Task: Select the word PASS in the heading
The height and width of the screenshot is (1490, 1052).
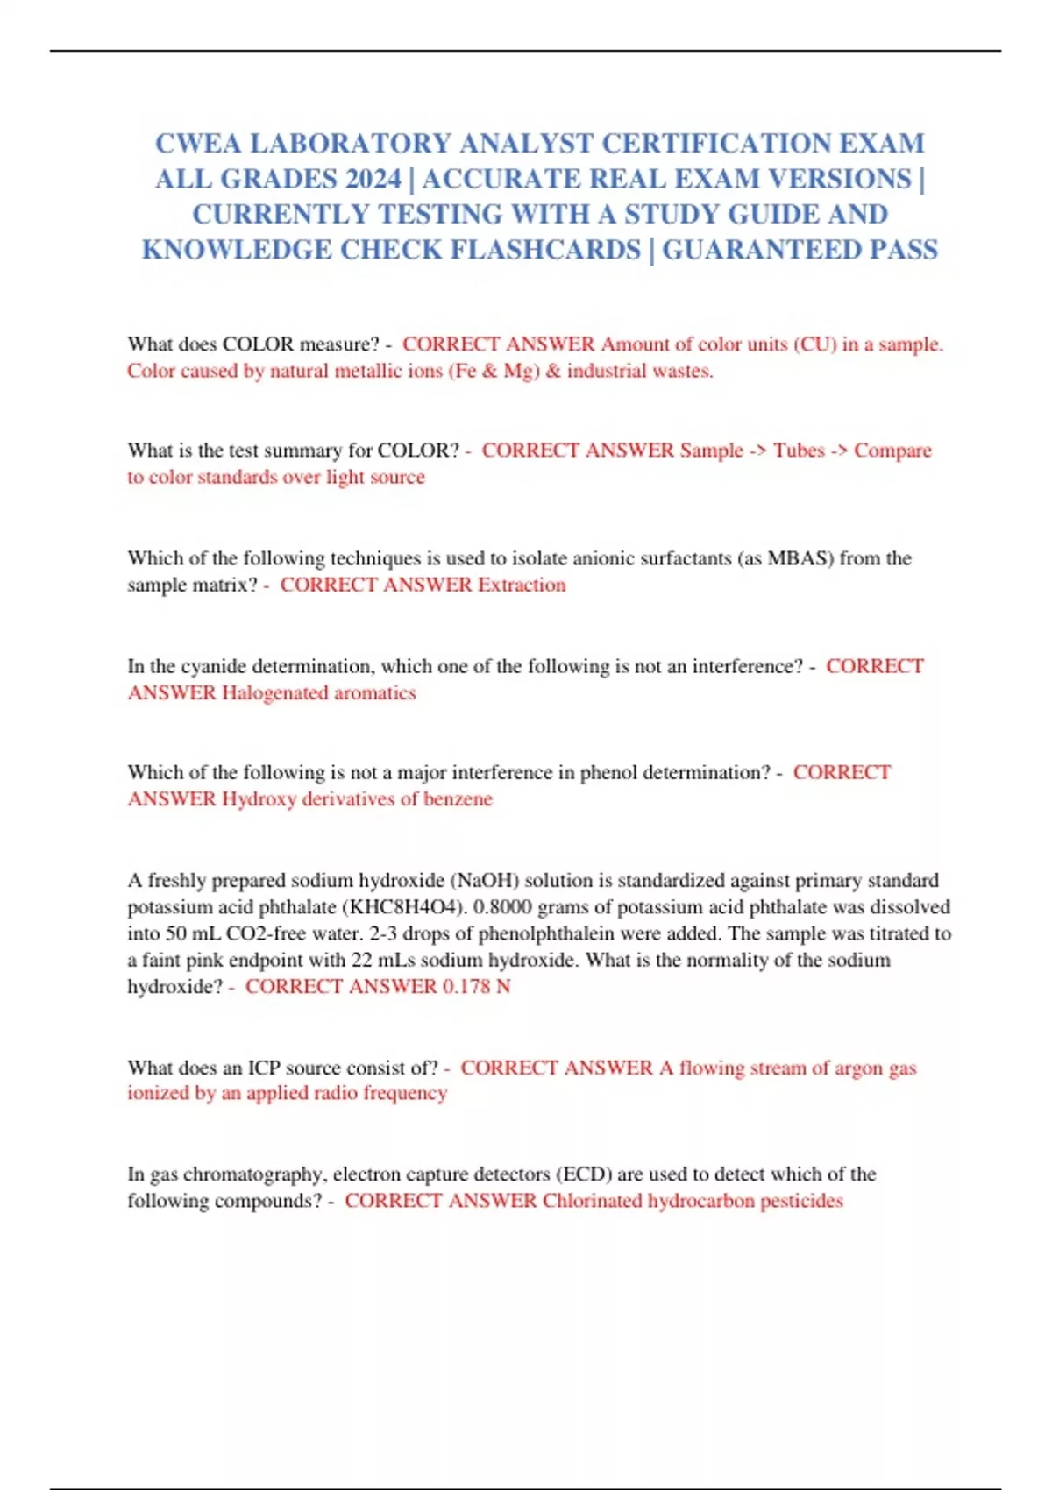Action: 903,250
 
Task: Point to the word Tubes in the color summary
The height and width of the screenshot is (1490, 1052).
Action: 799,451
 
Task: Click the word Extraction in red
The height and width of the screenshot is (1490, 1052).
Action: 522,585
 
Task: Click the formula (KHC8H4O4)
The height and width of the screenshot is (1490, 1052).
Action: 402,907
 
